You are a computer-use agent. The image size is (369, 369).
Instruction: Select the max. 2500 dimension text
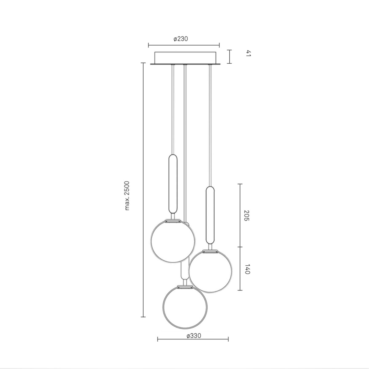click(x=128, y=196)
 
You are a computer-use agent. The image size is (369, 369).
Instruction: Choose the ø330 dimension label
click(x=194, y=336)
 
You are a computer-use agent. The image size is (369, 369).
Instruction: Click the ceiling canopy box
click(x=185, y=58)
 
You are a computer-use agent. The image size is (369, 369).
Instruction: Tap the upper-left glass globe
click(x=173, y=241)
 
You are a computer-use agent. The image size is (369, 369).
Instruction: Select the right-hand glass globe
click(x=211, y=271)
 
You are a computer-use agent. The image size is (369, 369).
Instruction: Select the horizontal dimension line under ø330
click(x=193, y=339)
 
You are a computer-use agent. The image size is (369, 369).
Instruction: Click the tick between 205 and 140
click(x=240, y=247)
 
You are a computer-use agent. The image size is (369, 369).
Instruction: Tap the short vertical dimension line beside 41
click(x=229, y=57)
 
